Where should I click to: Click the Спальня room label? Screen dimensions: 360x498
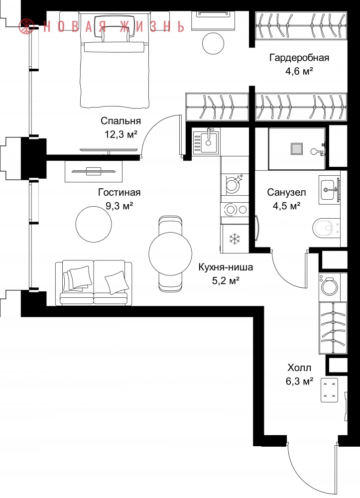click(x=120, y=121)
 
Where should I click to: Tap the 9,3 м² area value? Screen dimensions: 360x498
click(x=119, y=206)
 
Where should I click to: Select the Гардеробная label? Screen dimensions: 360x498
click(x=299, y=58)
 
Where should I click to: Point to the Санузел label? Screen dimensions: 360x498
click(x=286, y=192)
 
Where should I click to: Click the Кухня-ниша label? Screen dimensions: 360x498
click(x=226, y=267)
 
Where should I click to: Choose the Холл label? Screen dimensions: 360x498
click(x=299, y=368)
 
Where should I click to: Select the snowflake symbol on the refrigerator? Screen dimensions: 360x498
click(x=235, y=239)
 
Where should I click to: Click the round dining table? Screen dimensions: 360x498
click(x=170, y=253)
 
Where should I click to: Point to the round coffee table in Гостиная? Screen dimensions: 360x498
click(x=94, y=224)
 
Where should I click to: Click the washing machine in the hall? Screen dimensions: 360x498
click(x=330, y=287)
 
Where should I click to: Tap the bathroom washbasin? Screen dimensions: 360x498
click(x=329, y=190)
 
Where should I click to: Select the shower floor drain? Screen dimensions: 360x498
click(x=297, y=148)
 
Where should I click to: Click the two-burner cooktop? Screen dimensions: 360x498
click(x=235, y=209)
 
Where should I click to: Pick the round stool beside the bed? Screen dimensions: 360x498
click(x=213, y=43)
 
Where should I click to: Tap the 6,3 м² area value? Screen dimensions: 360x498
click(x=300, y=381)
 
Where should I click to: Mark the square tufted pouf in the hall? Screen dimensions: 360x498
click(x=329, y=390)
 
